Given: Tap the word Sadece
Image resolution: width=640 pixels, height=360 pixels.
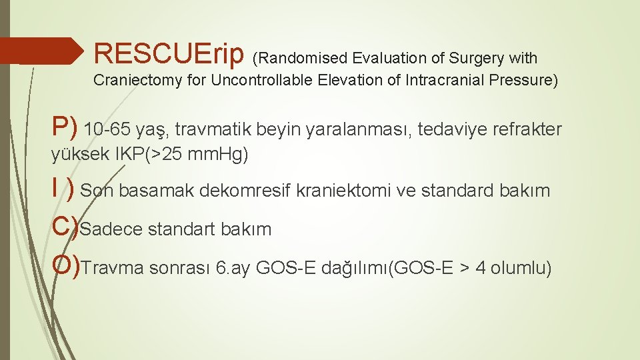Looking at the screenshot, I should pyautogui.click(x=111, y=229).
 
